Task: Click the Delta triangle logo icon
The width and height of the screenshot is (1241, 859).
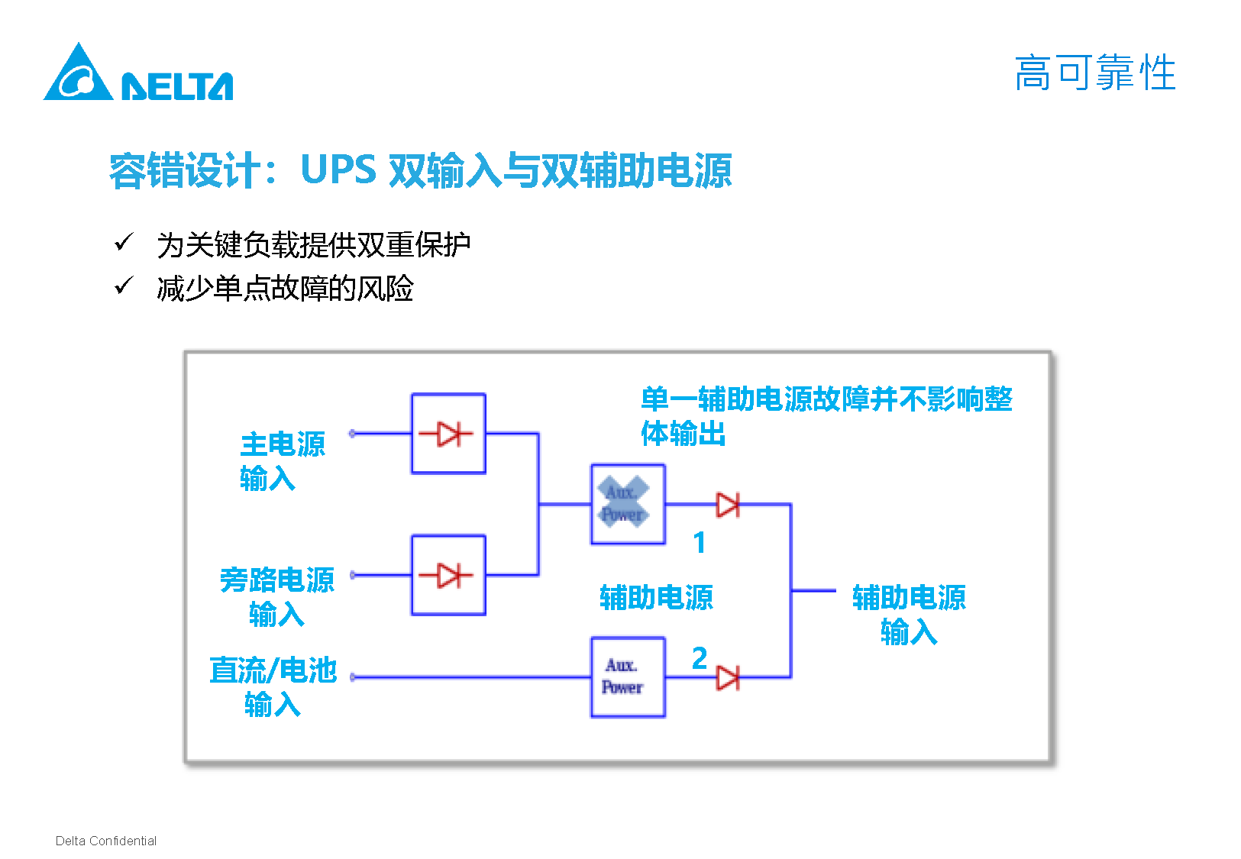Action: click(x=77, y=74)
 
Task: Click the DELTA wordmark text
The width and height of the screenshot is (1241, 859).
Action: click(x=177, y=86)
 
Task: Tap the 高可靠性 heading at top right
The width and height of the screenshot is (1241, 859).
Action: click(x=1094, y=73)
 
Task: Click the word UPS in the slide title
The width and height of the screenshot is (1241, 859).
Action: click(x=338, y=170)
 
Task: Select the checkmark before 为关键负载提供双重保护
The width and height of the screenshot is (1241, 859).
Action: click(x=124, y=243)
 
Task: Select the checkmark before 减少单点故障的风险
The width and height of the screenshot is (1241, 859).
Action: click(x=124, y=286)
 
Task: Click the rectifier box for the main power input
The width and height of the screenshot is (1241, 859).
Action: click(x=448, y=434)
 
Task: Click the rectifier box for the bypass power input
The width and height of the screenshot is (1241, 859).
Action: click(x=448, y=575)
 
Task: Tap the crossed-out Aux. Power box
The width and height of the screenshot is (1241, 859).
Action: click(x=628, y=504)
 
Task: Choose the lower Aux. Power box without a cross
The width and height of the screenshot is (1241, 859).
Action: click(x=628, y=677)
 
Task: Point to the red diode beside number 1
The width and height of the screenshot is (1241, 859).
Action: click(x=727, y=505)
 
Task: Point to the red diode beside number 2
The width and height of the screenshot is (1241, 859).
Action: click(x=727, y=677)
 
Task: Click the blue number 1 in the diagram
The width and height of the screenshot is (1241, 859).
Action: click(x=699, y=543)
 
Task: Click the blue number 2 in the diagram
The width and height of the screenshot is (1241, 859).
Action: click(x=699, y=657)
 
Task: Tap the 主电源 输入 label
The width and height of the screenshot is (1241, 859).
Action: click(x=282, y=461)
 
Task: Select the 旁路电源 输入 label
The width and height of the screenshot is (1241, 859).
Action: click(x=276, y=596)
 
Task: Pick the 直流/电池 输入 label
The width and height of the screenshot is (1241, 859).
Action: click(x=273, y=686)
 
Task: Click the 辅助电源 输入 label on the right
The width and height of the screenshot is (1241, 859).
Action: click(x=909, y=615)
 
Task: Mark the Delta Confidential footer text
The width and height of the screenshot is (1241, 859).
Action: click(x=106, y=841)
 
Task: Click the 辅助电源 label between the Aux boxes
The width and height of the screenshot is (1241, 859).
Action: click(x=656, y=597)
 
